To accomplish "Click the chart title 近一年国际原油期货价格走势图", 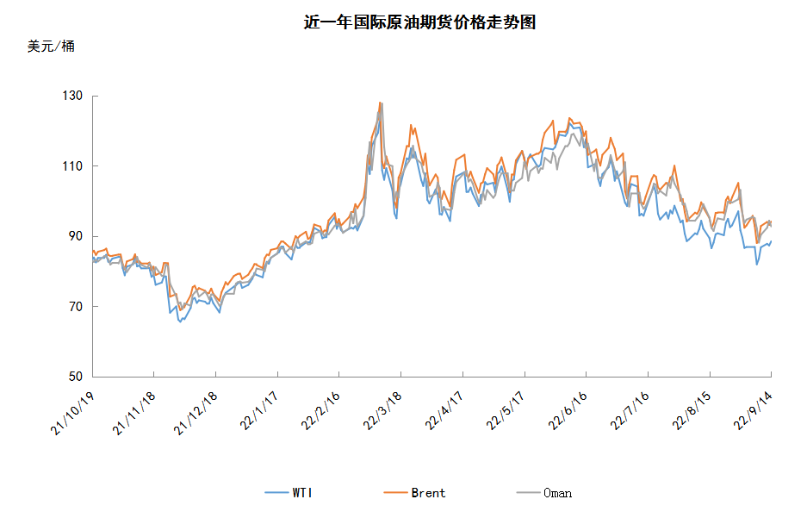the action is (x=419, y=22).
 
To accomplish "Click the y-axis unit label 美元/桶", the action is (x=51, y=47).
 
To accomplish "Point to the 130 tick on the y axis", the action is (x=72, y=96).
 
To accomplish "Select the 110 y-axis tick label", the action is (x=72, y=165).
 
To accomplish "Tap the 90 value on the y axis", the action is (x=75, y=236).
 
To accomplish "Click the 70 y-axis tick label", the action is (x=75, y=306).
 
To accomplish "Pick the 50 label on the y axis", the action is (x=75, y=377).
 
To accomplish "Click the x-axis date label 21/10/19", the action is (x=72, y=414).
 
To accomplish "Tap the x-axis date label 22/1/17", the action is (x=259, y=411).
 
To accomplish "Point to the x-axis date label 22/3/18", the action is (x=382, y=411).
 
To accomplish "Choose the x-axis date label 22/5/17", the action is (x=506, y=411).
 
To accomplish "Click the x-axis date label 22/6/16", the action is (x=568, y=411).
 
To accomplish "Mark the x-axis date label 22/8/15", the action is (x=692, y=411).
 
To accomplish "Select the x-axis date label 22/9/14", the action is (x=753, y=411).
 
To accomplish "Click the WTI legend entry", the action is (x=289, y=493).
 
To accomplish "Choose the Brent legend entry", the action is (x=414, y=493).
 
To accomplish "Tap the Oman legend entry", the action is (x=544, y=493).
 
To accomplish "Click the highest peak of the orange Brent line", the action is (x=380, y=103).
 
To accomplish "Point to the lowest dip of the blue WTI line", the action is (x=180, y=322).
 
